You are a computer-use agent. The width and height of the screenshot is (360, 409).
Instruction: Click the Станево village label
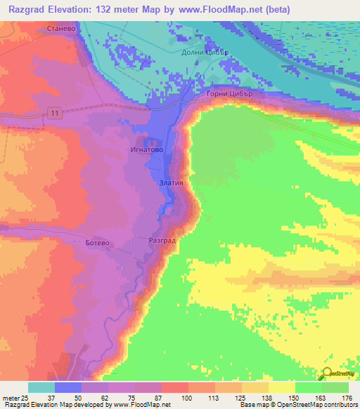pyautogui.click(x=59, y=30)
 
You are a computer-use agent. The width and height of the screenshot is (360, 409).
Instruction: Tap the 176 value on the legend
pyautogui.click(x=347, y=398)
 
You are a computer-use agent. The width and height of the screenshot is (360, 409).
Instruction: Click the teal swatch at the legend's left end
pyautogui.click(x=41, y=387)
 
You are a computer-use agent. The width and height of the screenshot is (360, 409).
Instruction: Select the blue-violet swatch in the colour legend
pyautogui.click(x=68, y=387)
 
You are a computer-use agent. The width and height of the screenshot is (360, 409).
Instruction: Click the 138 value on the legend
pyautogui.click(x=266, y=398)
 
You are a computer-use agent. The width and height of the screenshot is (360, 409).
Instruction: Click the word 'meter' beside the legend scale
pyautogui.click(x=11, y=398)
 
